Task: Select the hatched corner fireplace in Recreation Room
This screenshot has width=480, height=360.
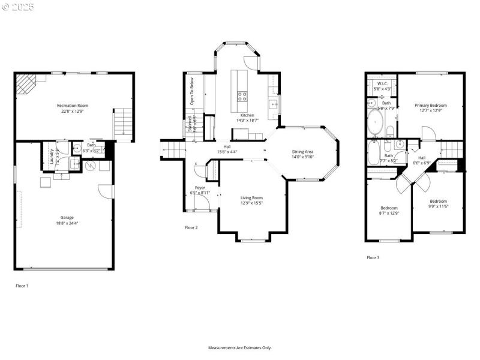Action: point(25,83)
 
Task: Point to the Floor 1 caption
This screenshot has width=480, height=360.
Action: point(22,286)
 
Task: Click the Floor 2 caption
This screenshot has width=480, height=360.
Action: point(191,227)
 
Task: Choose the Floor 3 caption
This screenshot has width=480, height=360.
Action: point(373,257)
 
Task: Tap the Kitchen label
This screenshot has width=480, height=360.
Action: point(247,115)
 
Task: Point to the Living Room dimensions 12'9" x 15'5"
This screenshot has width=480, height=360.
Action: point(252,203)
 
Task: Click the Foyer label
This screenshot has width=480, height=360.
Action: point(200,187)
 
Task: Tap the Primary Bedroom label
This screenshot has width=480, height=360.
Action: point(431,105)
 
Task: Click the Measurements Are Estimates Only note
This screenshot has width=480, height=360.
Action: point(240,347)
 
